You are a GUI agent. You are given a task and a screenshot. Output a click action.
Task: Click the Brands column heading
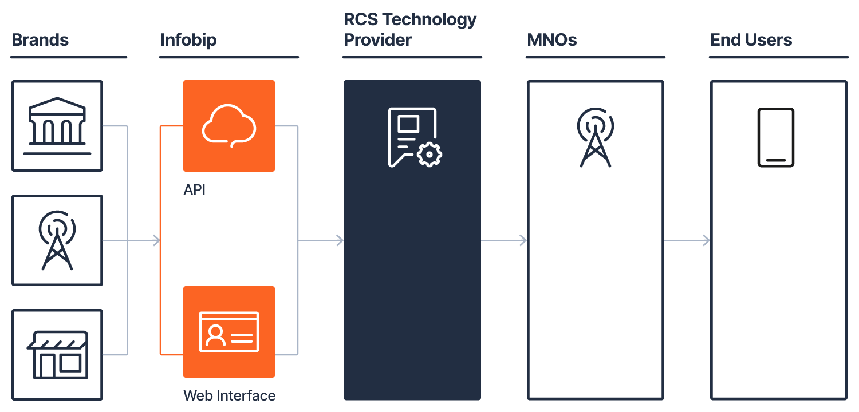click(x=40, y=40)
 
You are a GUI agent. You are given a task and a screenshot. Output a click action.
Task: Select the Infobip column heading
click(x=188, y=40)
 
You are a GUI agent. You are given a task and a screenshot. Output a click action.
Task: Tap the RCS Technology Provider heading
click(x=410, y=30)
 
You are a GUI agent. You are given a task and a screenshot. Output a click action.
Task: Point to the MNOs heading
click(x=552, y=40)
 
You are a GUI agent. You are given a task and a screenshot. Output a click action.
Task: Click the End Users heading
click(x=751, y=40)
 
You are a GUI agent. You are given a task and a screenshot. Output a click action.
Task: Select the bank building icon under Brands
click(x=57, y=126)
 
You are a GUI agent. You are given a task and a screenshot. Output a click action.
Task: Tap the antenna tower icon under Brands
click(x=57, y=240)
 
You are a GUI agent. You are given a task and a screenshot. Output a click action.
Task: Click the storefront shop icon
click(x=57, y=354)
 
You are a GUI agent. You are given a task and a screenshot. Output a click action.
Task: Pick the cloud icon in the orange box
click(x=228, y=126)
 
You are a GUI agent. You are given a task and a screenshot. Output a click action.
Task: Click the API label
click(x=195, y=189)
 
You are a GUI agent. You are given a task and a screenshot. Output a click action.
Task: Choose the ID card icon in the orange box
click(x=228, y=332)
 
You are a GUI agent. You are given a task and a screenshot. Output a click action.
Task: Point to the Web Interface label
click(x=229, y=395)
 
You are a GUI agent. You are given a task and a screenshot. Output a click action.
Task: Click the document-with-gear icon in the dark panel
click(x=412, y=137)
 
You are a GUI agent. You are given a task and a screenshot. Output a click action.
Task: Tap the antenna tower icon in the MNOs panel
click(x=596, y=137)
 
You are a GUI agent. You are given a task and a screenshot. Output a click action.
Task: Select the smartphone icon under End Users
click(x=776, y=137)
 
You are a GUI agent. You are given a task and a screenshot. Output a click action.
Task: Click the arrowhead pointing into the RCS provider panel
click(x=340, y=240)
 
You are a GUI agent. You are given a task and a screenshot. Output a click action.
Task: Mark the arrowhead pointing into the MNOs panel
click(x=523, y=240)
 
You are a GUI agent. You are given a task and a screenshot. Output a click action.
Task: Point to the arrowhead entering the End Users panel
click(x=706, y=240)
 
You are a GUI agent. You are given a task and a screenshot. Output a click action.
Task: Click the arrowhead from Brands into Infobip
click(x=156, y=240)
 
